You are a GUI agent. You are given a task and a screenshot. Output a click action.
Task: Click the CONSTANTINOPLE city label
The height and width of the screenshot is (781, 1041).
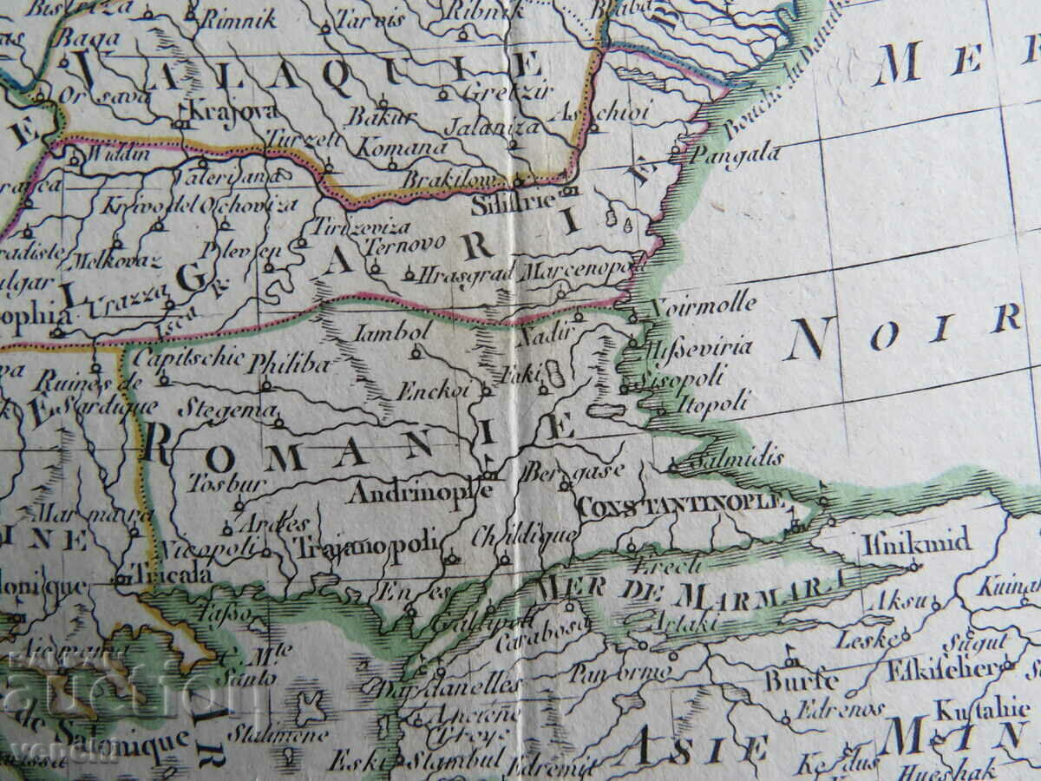pos(681,504)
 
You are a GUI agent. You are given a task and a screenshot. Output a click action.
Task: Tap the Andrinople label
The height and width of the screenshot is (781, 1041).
pos(421,492)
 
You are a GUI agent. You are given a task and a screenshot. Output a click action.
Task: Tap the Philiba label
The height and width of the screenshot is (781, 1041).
pos(289,364)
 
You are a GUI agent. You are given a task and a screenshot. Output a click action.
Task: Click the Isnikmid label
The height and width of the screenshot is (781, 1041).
pos(916,544)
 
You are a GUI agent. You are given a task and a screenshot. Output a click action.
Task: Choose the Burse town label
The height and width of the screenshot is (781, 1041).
pos(801,679)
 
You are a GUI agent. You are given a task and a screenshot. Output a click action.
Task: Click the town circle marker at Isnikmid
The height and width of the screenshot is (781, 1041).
pos(913,566)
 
